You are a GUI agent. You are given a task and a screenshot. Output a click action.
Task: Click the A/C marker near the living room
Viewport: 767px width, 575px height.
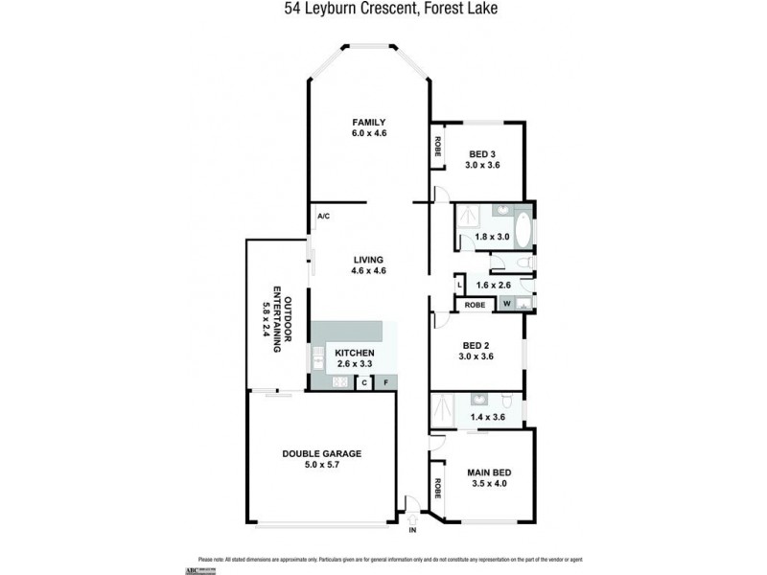pos(323,217)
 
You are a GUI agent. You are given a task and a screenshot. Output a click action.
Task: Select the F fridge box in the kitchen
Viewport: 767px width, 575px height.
pos(385,383)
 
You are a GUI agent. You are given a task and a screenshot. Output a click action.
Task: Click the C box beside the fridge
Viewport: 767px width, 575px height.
pos(363,383)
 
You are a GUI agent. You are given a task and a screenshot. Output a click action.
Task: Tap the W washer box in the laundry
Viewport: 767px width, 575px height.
pos(506,304)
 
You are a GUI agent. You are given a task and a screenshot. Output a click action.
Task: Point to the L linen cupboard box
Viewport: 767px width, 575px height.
pos(460,285)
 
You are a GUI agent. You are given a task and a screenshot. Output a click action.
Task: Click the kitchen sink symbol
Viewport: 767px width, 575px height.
pos(316,357)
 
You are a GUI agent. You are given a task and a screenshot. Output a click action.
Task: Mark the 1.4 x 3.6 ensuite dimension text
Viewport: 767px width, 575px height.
pos(487,417)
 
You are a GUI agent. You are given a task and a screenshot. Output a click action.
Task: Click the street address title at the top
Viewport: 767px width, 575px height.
pos(383,10)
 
